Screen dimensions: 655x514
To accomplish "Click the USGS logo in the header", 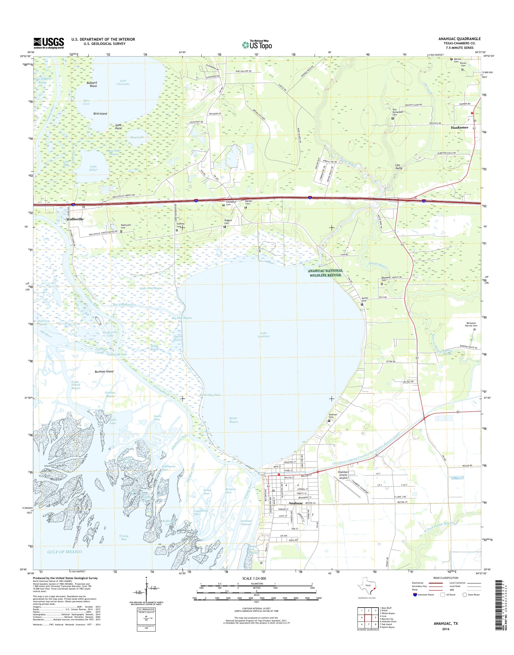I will coord(49,43).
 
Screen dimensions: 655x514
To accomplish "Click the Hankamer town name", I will coord(459,128).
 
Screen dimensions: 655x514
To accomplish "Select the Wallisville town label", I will coord(75,219).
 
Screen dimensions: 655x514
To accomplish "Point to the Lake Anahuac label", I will coord(263,334).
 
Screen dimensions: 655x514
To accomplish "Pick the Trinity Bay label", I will coord(123,537).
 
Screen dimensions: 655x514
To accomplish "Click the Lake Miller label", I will coord(93,168).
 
